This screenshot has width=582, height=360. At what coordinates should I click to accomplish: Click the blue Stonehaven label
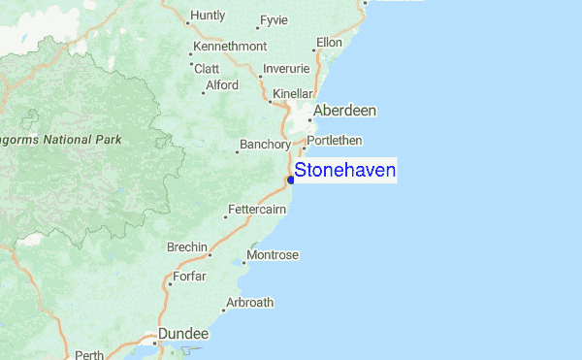(x=344, y=171)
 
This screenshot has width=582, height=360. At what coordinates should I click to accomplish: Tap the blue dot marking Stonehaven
(x=291, y=180)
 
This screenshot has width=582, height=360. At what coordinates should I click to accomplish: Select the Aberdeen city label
(x=344, y=111)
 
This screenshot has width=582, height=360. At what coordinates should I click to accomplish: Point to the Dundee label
(x=183, y=333)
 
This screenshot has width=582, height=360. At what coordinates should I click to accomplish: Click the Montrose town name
(x=273, y=255)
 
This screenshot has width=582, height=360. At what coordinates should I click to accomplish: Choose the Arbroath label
(x=249, y=303)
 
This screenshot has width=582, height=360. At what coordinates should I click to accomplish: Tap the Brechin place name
(x=187, y=247)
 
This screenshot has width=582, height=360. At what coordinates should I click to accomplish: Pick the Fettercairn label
(x=257, y=210)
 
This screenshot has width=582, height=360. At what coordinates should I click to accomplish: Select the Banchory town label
(x=265, y=146)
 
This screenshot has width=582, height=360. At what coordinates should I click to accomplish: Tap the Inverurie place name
(x=287, y=69)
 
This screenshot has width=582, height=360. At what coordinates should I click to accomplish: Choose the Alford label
(x=222, y=85)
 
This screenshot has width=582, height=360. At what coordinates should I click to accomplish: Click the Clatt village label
(x=208, y=68)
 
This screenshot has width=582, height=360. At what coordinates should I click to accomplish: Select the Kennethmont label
(x=229, y=47)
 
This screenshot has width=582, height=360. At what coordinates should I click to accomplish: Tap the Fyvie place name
(x=275, y=20)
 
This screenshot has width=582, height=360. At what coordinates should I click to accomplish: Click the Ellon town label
(x=330, y=43)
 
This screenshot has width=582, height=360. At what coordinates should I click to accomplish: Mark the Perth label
(x=88, y=355)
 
